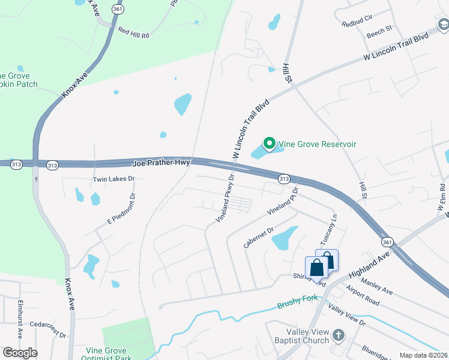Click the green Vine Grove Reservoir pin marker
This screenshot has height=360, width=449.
(x=270, y=143)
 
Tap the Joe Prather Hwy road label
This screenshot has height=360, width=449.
(x=161, y=163)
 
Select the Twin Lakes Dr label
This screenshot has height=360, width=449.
(x=114, y=179)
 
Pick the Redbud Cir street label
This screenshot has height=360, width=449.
(x=357, y=24)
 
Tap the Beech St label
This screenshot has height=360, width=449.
(x=379, y=28)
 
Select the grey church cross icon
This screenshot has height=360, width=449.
(x=338, y=335)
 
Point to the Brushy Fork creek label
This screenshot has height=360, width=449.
(x=297, y=305)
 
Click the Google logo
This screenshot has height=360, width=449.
(x=20, y=353)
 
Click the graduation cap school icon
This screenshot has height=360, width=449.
(x=443, y=25)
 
